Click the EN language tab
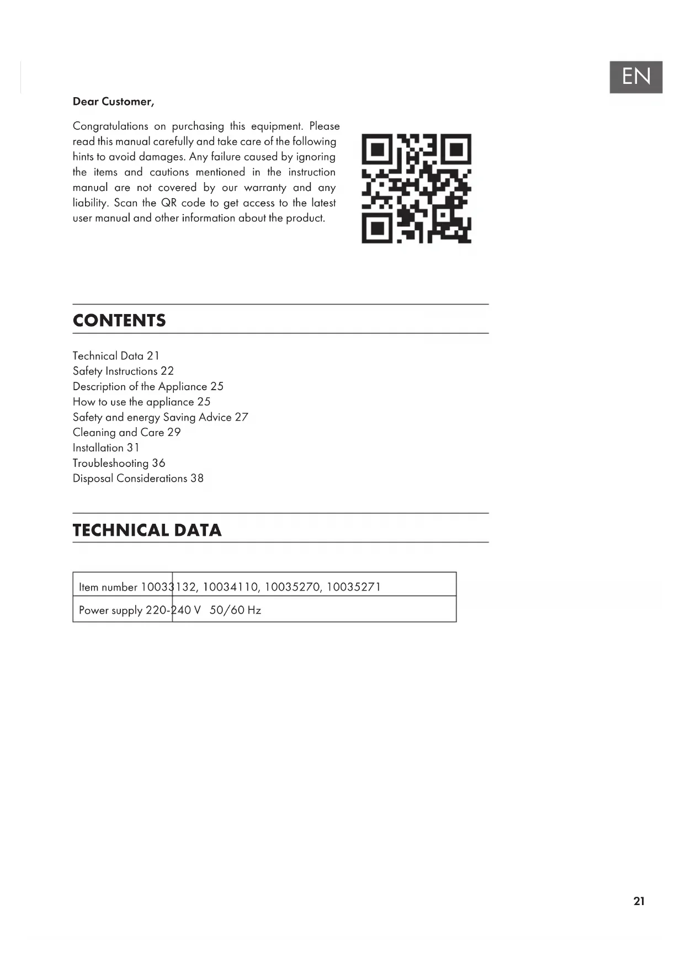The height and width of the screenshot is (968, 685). coord(636,77)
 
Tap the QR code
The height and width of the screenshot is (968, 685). coord(416,188)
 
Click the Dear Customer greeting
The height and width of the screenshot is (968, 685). coord(114,102)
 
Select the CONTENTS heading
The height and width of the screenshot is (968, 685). coord(119,321)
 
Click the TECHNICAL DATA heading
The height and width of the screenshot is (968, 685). coord(147,530)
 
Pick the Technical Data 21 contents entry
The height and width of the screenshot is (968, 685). coord(116,356)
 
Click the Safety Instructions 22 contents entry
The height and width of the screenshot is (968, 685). coord(123,371)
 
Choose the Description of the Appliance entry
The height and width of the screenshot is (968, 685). coord(148,386)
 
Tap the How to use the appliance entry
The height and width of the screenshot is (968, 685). coord(141,402)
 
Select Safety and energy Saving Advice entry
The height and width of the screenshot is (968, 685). coord(160,417)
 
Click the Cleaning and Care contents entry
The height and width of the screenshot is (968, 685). coord(126,433)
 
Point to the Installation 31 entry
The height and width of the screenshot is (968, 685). coord(106,448)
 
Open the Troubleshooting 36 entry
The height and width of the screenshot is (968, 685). coord(119,463)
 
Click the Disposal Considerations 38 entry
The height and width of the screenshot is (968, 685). coord(138,478)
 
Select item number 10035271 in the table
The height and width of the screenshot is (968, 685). coord(353,587)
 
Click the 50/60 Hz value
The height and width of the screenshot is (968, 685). coord(235,610)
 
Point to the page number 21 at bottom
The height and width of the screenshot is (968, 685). coord(639,901)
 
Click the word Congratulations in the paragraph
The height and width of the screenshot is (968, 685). coord(110,126)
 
